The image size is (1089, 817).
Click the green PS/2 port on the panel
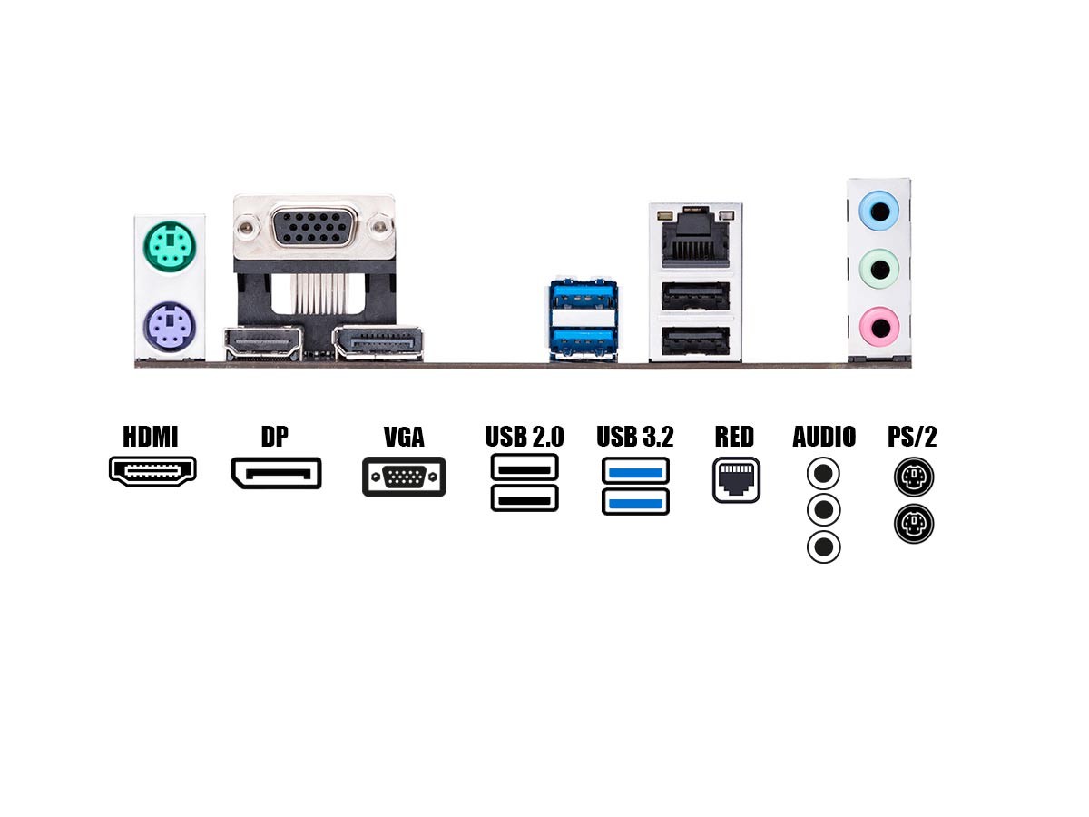click(170, 245)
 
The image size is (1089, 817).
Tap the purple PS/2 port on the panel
click(170, 327)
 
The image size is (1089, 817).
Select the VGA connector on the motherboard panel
click(314, 228)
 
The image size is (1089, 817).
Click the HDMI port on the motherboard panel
click(263, 343)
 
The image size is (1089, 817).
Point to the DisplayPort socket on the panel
click(378, 343)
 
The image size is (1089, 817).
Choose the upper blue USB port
click(583, 297)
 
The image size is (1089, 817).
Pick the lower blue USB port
click(583, 343)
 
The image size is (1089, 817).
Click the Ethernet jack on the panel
click(695, 238)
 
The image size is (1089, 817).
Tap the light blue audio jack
click(879, 212)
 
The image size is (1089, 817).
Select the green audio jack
click(879, 270)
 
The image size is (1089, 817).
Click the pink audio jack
click(879, 327)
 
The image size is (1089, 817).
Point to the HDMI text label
click(151, 437)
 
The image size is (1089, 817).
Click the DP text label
click(275, 437)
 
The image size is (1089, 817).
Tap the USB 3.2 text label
click(635, 437)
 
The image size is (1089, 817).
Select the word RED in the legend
click(734, 437)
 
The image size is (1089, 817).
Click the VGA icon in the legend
click(405, 477)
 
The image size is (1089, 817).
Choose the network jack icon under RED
click(736, 479)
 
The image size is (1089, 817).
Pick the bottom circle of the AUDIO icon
click(824, 547)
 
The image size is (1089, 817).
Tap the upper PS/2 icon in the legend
click(914, 477)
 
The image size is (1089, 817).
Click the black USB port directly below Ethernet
click(695, 296)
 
